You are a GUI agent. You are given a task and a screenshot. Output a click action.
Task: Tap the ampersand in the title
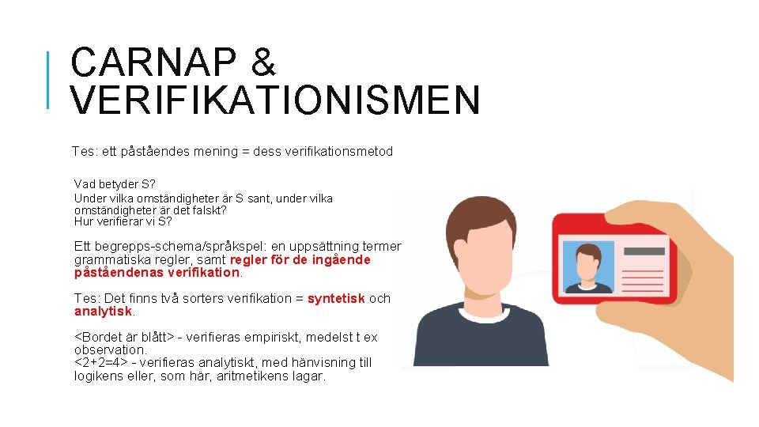[x=262, y=62]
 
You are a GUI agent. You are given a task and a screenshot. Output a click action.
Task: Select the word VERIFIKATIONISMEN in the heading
[x=275, y=100]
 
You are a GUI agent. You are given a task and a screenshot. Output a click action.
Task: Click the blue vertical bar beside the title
[x=48, y=79]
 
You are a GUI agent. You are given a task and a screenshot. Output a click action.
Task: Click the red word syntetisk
[x=336, y=298]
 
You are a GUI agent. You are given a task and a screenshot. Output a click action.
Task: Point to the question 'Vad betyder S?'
[x=115, y=184]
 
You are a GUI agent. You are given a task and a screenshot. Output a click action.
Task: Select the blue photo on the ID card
[x=587, y=266]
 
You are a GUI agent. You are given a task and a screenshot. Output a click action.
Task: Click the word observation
[x=110, y=350]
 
